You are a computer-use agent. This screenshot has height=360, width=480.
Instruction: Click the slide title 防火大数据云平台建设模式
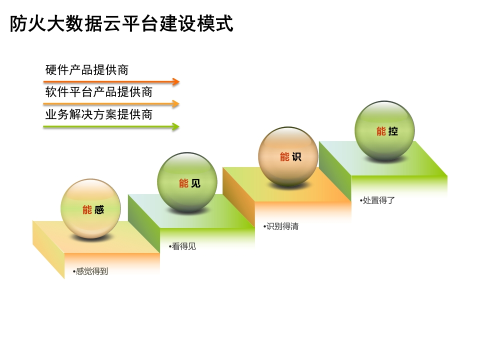pos(121,23)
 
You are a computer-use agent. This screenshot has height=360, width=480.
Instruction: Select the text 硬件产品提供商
pos(87,70)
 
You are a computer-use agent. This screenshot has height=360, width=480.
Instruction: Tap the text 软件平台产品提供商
pos(99,92)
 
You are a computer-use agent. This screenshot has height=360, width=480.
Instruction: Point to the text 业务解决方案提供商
pos(99,114)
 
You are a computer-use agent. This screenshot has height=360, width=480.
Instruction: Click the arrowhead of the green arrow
pos(175,126)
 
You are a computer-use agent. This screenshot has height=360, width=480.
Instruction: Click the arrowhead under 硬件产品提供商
pos(175,81)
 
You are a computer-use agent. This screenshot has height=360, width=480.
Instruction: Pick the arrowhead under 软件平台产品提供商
pos(175,104)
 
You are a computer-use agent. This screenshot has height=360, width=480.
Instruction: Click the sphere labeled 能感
pos(90,209)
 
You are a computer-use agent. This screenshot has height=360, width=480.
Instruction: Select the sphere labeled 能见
pos(187,182)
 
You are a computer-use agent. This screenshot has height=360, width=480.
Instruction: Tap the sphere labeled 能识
pos(288,156)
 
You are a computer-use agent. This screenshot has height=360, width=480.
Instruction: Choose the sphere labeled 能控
pos(384,130)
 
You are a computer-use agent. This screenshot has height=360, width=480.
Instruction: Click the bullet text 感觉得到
pos(90,271)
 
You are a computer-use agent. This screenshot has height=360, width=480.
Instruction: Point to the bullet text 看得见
pos(182,246)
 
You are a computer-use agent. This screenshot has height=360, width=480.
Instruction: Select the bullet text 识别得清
pos(281,226)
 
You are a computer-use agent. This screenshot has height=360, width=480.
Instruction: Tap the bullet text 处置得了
pos(377,200)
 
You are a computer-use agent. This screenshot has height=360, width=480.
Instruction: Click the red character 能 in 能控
pos(381,131)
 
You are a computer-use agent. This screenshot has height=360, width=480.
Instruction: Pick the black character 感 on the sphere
pos(99,209)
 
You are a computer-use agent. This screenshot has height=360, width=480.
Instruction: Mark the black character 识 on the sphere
pos(296,156)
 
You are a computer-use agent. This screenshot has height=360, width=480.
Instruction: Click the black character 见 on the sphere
pos(195,183)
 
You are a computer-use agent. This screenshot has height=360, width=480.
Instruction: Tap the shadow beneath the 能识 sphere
pos(288,185)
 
